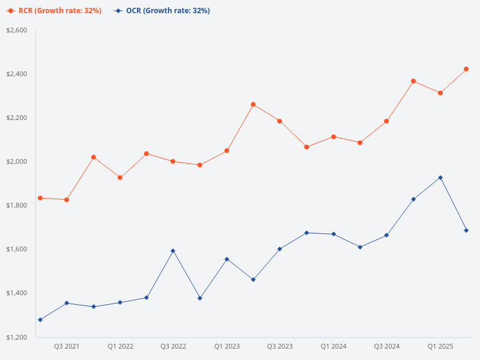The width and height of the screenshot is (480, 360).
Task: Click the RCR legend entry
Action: (54, 11)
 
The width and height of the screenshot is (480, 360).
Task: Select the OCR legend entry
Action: (162, 11)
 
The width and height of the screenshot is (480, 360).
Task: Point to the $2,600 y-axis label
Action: (17, 30)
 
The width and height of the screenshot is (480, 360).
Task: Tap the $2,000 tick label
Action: (17, 161)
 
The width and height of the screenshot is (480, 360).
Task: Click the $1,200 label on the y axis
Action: (17, 337)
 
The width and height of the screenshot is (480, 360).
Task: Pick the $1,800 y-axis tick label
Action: (17, 205)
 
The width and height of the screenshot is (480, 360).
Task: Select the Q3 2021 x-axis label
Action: (67, 346)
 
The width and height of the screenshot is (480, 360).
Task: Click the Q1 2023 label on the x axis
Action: (227, 346)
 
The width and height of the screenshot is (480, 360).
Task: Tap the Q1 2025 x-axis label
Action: (440, 346)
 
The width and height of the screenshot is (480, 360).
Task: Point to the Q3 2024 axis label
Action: (386, 346)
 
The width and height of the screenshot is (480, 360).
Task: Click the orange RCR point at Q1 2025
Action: (440, 93)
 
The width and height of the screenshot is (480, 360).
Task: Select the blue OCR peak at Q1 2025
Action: (440, 178)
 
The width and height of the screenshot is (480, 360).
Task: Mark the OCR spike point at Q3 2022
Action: (173, 251)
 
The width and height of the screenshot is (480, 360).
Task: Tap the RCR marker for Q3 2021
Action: (67, 200)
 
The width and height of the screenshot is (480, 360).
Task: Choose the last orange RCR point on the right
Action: (466, 69)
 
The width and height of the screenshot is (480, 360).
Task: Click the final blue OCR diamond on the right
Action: (466, 230)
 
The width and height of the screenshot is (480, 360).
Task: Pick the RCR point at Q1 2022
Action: (120, 178)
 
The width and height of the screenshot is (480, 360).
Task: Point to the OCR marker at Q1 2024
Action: (334, 234)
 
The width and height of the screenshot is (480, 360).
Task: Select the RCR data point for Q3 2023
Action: (280, 121)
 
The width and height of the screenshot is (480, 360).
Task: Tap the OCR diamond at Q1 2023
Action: (227, 259)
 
